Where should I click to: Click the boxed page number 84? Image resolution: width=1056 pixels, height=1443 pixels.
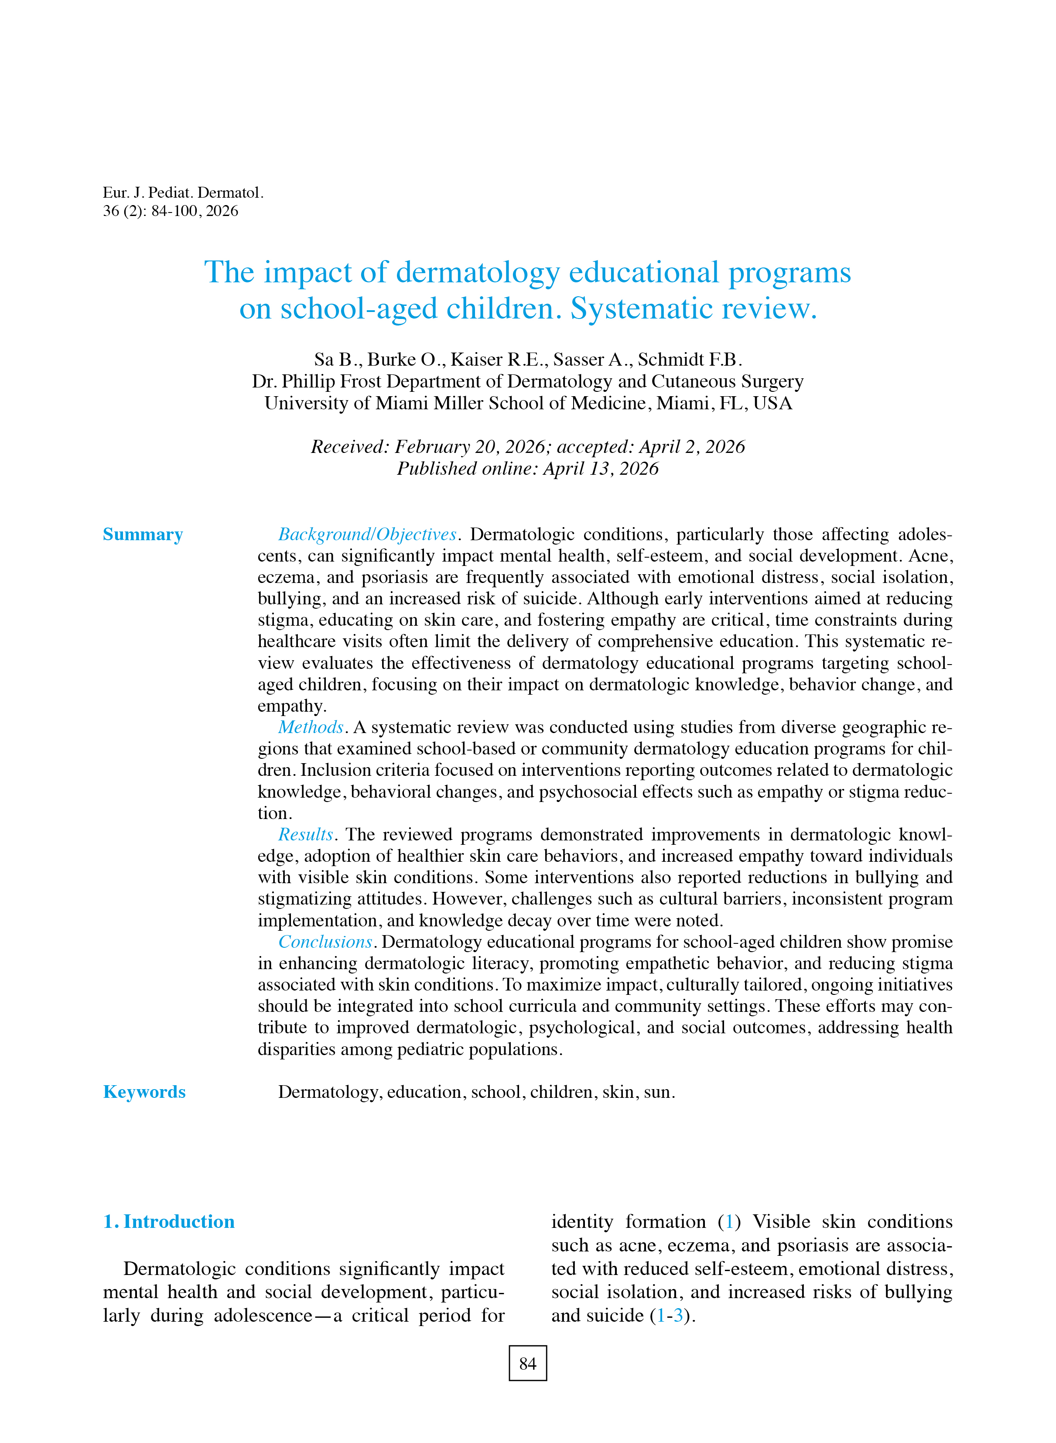point(527,1364)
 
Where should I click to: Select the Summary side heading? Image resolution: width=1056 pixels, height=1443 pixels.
point(143,535)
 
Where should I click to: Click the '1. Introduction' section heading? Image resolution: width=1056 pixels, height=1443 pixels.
point(169,1222)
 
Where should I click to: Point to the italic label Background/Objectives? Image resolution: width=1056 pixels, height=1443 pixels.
point(367,535)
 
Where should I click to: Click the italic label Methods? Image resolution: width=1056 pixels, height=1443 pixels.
point(311,727)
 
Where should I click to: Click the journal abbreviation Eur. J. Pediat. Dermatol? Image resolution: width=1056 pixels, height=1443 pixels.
point(183,192)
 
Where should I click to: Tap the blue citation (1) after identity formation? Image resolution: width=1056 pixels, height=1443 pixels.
point(729,1222)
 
